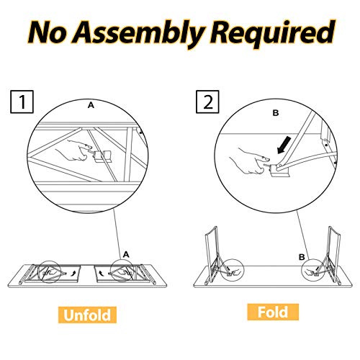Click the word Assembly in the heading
coord(138,34)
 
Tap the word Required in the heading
coord(272,34)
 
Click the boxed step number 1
coord(22,102)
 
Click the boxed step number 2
coord(207,102)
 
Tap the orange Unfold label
coord(87,315)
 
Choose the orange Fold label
coord(273,312)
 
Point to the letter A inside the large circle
coord(91,105)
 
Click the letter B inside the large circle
coord(276,113)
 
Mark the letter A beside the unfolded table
coord(126,254)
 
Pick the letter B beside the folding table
coord(302,257)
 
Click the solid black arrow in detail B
coord(284,145)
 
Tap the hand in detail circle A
coord(73,151)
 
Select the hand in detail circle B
coord(250,161)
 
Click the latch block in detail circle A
coord(103,156)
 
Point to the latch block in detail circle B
coord(279,171)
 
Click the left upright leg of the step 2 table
coord(211,256)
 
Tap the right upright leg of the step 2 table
coord(334,256)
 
